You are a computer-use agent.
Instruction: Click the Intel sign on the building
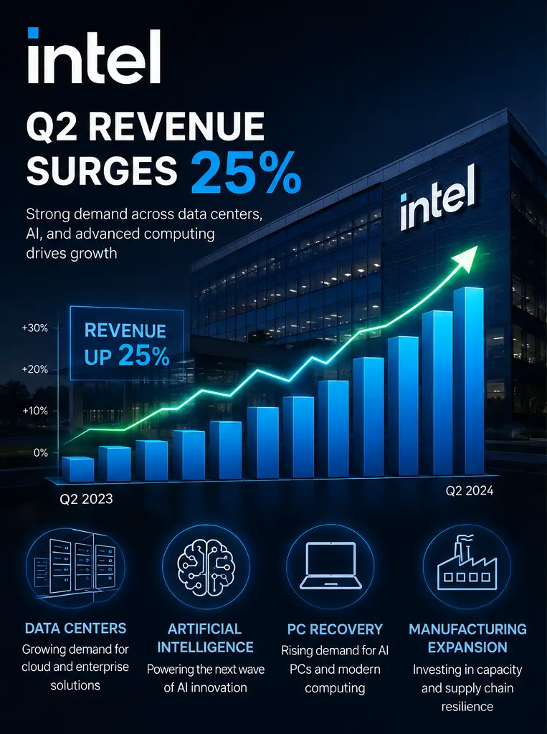click(438, 198)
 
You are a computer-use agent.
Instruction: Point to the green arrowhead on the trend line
click(467, 258)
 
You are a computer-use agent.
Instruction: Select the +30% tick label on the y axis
click(35, 328)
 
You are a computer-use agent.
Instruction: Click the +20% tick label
click(35, 369)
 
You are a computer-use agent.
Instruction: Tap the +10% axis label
click(35, 411)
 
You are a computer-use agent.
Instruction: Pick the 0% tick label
click(41, 453)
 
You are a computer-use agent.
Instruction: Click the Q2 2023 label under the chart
click(86, 499)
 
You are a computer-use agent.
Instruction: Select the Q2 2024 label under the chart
click(470, 490)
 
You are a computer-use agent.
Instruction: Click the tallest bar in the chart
click(468, 381)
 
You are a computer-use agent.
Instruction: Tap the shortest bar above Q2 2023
click(77, 469)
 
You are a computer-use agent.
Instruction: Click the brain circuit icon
click(206, 568)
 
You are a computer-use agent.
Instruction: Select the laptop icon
click(330, 566)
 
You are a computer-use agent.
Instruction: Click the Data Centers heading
click(75, 628)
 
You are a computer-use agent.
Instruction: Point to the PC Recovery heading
click(335, 629)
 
